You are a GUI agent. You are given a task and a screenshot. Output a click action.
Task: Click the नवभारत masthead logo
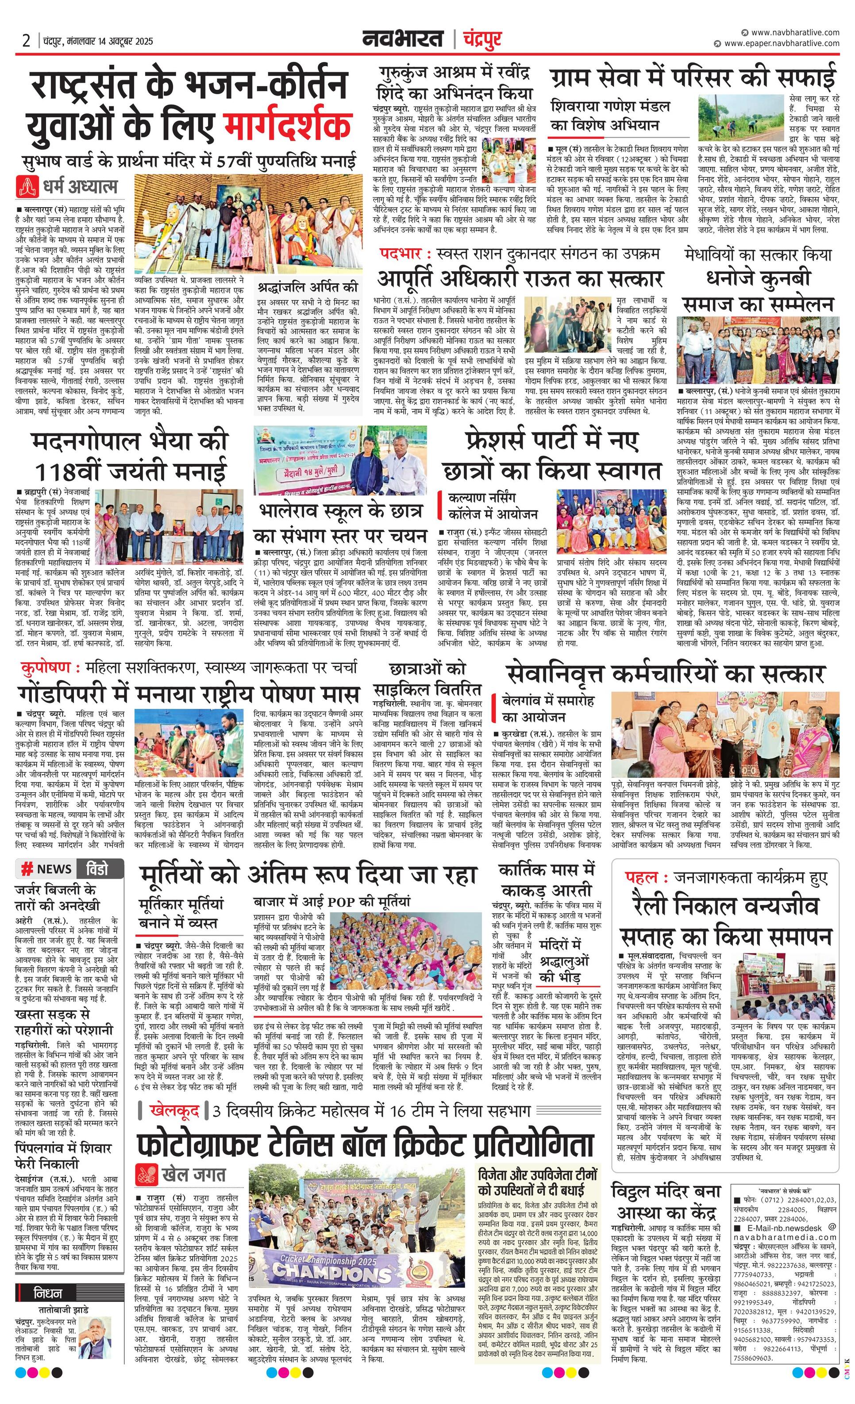[x=403, y=39]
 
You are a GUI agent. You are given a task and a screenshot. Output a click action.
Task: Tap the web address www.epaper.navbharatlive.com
[x=782, y=43]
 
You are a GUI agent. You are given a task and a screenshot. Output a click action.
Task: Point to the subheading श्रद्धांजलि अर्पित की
[x=307, y=287]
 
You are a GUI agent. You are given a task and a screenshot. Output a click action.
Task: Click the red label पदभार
[x=401, y=254]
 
